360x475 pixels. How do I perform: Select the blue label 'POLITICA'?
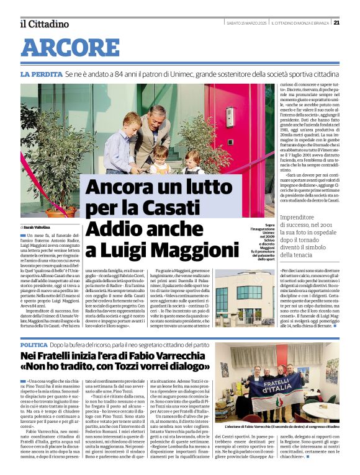coord(34,344)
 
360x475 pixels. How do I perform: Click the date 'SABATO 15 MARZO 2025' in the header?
coord(246,23)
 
